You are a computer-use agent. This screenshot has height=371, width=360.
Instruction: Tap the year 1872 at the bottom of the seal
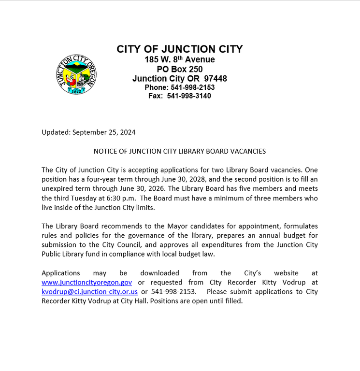pyautogui.click(x=76, y=91)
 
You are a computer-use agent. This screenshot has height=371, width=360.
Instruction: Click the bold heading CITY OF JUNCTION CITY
pyautogui.click(x=179, y=49)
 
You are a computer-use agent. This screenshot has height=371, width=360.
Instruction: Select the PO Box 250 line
pyautogui.click(x=179, y=69)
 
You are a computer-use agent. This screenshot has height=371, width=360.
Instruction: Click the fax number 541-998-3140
pyautogui.click(x=189, y=96)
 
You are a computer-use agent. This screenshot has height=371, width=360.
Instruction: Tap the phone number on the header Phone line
pyautogui.click(x=192, y=87)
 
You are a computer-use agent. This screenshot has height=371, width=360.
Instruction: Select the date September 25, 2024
pyautogui.click(x=103, y=132)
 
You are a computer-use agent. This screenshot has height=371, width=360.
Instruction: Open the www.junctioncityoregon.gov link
pyautogui.click(x=86, y=283)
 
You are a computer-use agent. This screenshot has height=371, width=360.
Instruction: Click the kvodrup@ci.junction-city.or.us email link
pyautogui.click(x=89, y=292)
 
